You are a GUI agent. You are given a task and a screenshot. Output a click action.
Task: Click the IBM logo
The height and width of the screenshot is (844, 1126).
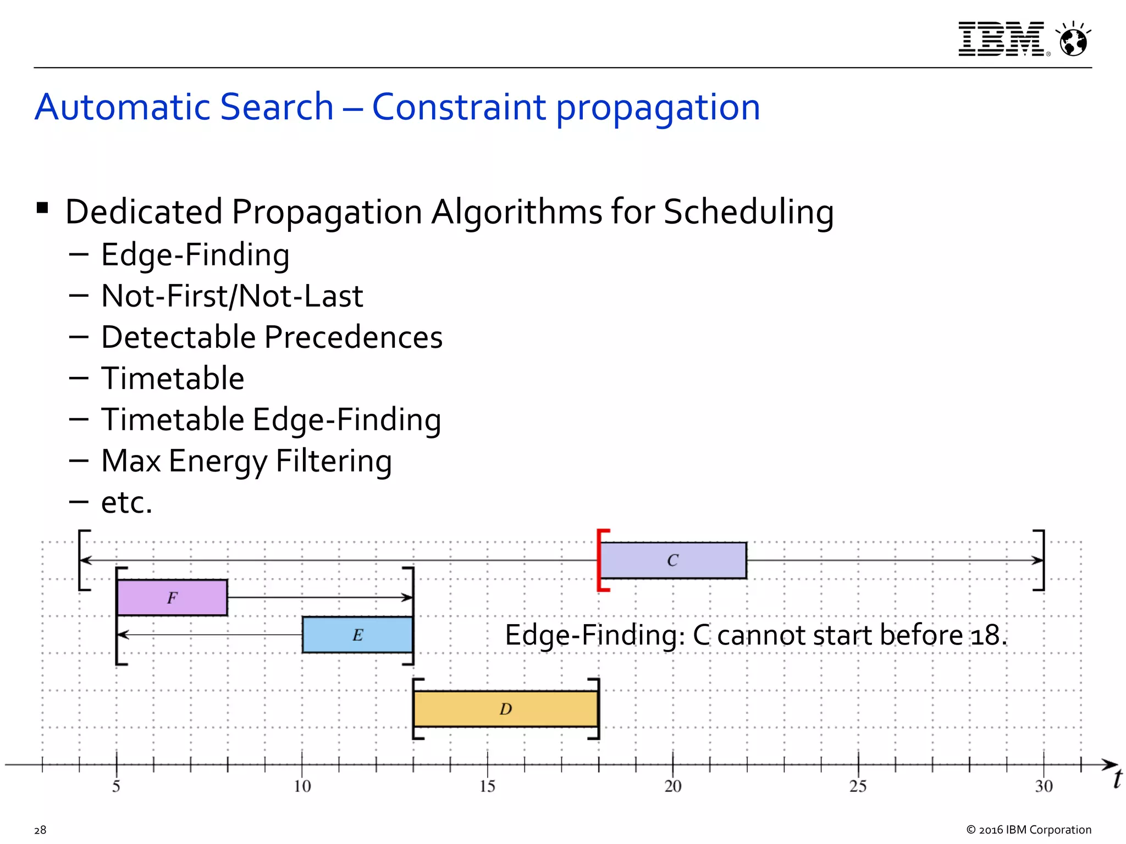1002,39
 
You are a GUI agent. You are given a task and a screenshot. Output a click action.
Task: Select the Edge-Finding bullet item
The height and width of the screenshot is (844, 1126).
195,255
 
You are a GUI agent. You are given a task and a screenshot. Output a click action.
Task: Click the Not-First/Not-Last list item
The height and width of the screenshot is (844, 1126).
232,296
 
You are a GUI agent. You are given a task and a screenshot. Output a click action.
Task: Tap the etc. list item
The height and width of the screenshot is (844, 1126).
126,502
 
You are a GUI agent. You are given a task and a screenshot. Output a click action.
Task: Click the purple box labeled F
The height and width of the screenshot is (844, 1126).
172,597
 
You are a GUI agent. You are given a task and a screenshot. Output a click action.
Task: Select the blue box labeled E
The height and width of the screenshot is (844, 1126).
357,635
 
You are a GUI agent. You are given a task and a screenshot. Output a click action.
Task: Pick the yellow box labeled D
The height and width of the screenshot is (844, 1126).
506,709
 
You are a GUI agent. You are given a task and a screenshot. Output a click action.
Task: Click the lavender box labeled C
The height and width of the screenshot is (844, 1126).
673,560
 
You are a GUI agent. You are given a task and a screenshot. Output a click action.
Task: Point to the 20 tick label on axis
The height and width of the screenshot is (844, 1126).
673,786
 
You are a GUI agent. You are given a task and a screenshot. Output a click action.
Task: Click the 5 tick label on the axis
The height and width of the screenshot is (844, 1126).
116,786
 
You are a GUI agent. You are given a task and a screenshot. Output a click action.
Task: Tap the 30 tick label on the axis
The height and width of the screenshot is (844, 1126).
1044,786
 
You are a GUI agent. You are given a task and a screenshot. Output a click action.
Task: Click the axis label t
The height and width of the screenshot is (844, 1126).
1117,779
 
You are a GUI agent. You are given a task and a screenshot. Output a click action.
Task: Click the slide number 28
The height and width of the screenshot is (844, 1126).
40,830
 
